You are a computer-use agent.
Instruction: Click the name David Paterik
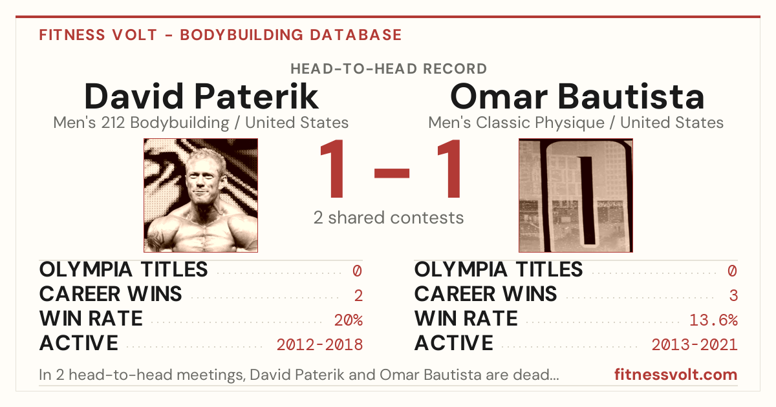201,96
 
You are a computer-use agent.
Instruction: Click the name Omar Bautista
577,96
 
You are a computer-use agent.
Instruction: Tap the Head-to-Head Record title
389,69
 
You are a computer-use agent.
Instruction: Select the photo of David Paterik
201,195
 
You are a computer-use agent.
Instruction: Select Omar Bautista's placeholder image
576,195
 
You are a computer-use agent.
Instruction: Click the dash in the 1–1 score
392,173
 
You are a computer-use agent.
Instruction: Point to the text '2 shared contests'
389,218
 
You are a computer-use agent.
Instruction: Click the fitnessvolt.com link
676,375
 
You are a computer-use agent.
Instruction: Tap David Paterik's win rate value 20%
349,320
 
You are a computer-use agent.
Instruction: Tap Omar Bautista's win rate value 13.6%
714,320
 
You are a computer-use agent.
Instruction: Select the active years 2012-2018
319,345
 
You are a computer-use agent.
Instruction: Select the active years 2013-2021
695,345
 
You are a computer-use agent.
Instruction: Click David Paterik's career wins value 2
358,296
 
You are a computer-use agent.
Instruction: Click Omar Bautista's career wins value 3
733,296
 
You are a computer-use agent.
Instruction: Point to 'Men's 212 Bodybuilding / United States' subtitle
201,123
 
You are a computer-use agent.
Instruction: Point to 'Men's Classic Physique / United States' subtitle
576,123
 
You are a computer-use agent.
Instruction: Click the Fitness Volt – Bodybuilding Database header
221,35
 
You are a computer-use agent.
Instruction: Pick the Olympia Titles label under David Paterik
124,269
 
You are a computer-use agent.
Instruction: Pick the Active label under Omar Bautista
454,343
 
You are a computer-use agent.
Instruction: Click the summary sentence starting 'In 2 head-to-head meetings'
299,375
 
